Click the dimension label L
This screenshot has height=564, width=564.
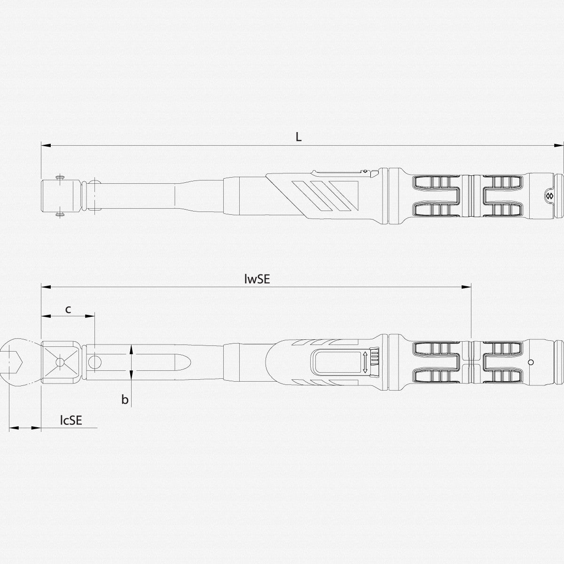coord(298,137)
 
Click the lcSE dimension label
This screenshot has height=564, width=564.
coord(71,420)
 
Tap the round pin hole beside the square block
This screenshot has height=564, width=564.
coord(95,362)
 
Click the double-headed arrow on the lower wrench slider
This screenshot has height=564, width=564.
coord(365,362)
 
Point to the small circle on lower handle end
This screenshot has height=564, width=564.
coord(531,362)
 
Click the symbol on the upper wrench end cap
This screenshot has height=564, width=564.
coord(548,195)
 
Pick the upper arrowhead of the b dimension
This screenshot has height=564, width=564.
coord(131,348)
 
